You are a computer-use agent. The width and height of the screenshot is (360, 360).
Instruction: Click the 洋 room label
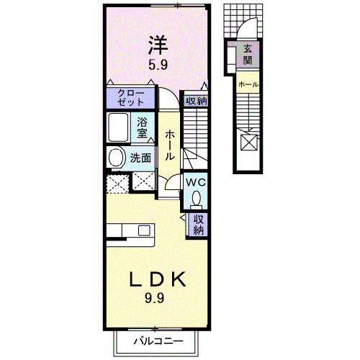coord(158,45)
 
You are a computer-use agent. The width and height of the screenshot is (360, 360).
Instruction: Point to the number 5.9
coord(158,65)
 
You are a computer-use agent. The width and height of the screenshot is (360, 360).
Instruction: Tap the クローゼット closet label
coord(131,98)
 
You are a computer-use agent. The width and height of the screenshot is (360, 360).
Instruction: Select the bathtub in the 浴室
coord(118,127)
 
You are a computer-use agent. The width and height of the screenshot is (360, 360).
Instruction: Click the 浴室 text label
coord(142,127)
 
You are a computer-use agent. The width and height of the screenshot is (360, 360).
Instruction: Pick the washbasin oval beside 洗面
coord(116,158)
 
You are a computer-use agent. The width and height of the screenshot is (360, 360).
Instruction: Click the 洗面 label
coord(140,158)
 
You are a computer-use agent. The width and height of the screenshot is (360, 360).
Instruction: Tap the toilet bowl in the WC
coord(197,197)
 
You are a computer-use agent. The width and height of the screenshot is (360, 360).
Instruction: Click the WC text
coord(196,182)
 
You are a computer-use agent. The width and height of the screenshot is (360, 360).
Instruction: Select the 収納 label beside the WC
coord(199,225)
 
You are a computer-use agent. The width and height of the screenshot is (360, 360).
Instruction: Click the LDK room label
coord(158,279)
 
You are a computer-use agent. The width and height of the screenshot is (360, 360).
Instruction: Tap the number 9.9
coord(154,298)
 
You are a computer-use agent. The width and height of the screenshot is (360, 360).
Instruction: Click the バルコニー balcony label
coord(158,341)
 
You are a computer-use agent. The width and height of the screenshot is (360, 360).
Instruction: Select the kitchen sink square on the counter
coord(144,230)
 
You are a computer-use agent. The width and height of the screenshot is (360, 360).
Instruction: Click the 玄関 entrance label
coord(248,55)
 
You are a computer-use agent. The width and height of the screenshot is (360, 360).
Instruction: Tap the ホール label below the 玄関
coord(248,84)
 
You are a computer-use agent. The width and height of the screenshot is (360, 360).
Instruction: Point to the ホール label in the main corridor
coord(170,145)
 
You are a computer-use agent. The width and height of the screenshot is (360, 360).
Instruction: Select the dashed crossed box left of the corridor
coord(117,184)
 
